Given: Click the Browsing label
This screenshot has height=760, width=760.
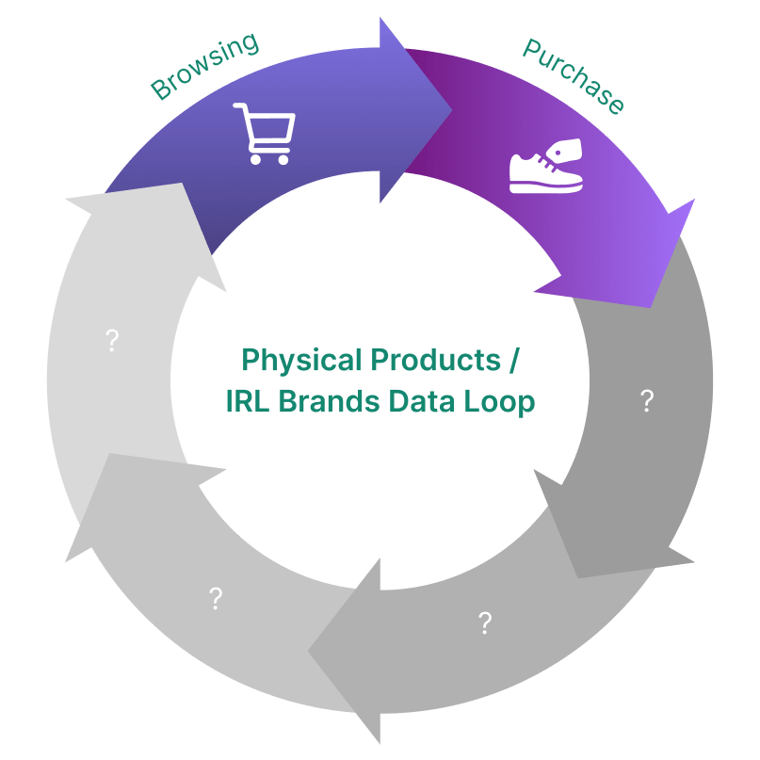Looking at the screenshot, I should coord(204,66).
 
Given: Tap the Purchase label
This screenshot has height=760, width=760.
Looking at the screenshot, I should coord(573,76).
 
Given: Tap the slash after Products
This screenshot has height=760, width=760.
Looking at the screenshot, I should coord(513,360).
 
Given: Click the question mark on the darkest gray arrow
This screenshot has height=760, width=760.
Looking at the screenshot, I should coord(647,401).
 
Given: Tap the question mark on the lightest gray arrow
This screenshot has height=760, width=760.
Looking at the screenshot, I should coord(112,340).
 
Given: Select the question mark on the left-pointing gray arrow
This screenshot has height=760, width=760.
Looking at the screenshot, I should coord(485,622).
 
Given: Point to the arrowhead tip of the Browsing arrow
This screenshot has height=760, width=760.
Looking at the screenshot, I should coord(453,109).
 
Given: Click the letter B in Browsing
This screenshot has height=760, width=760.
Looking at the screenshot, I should coord(161,92).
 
